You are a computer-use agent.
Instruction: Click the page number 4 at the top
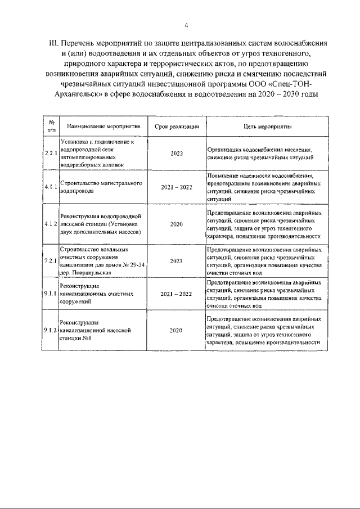pos(186,25)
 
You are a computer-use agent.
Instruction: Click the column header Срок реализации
pos(176,127)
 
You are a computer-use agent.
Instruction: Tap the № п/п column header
pos(51,127)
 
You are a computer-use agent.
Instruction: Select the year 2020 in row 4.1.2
pos(176,224)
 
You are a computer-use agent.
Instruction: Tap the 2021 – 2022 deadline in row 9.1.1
pos(176,294)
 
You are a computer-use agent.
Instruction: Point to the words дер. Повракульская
pos(82,273)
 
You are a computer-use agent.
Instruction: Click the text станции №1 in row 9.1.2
pos(75,339)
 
